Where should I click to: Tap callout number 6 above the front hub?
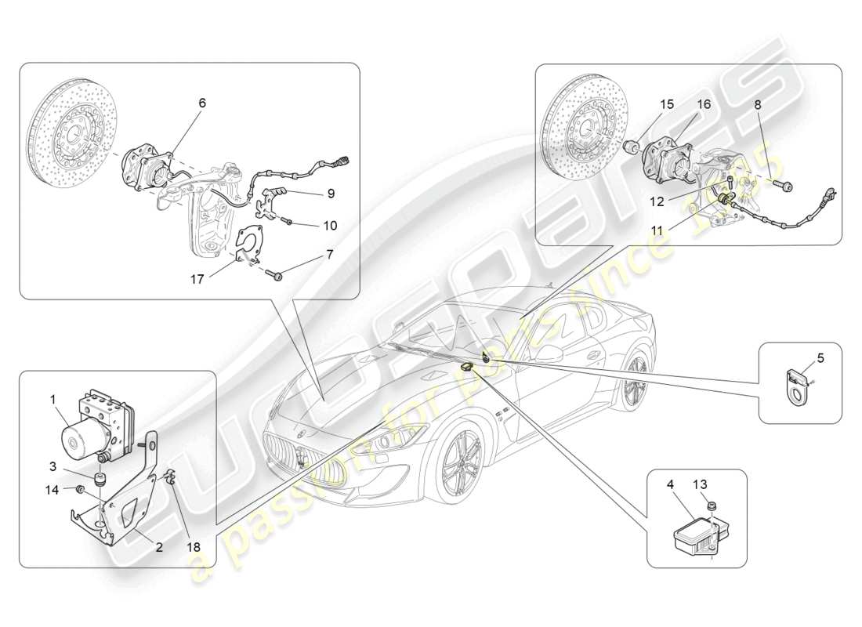point(202,103)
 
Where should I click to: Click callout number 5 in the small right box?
point(820,359)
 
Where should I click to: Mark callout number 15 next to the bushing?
point(667,103)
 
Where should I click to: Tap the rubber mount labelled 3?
point(100,479)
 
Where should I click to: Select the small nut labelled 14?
point(81,490)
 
